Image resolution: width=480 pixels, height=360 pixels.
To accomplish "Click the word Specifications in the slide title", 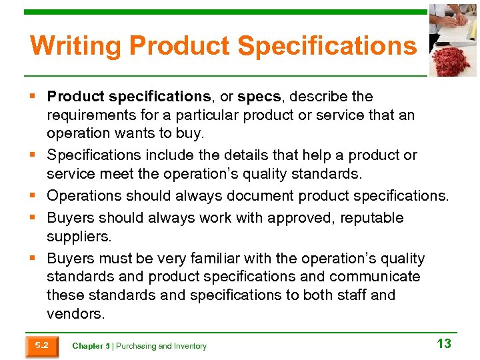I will click(x=327, y=46).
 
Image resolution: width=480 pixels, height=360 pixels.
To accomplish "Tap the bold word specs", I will click(x=259, y=97).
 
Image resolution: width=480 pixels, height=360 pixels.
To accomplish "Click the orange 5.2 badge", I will click(x=41, y=345).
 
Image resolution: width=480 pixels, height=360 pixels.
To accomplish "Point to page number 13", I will click(x=443, y=344).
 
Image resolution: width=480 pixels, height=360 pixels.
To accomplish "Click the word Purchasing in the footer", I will click(x=136, y=346).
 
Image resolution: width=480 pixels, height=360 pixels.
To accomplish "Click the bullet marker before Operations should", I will click(x=32, y=196).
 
